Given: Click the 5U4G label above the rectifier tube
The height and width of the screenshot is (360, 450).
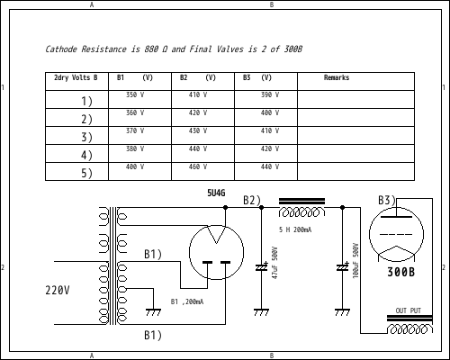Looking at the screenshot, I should tap(216, 193).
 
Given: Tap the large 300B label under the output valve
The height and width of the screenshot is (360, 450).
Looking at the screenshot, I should tap(400, 272).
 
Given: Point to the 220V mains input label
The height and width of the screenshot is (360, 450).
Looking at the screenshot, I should tap(58, 291).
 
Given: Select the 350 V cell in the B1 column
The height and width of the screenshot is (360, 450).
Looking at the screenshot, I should tap(134, 94).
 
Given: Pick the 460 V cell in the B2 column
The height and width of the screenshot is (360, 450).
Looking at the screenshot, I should tap(197, 166).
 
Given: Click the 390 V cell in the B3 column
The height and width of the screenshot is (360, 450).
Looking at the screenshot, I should tap(270, 94).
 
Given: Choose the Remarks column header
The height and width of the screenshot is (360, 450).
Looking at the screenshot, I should tap(337, 78).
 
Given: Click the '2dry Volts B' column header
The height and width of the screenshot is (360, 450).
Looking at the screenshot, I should tap(76, 78).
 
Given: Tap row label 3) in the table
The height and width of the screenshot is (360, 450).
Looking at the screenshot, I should tap(86, 137).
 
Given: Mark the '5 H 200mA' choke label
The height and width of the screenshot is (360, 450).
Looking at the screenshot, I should tap(295, 230).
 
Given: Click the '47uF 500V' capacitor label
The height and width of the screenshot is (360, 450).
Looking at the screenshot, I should tap(274, 262).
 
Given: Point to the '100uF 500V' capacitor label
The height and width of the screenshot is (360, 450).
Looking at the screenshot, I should tap(355, 259).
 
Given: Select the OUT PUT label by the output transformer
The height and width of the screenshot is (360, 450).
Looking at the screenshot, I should tap(408, 310).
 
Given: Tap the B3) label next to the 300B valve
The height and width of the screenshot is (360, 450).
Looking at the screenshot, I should tap(386, 200).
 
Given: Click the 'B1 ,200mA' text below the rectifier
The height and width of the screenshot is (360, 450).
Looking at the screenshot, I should tap(186, 301).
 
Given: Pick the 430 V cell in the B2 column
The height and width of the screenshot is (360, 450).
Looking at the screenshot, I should tap(197, 130).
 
